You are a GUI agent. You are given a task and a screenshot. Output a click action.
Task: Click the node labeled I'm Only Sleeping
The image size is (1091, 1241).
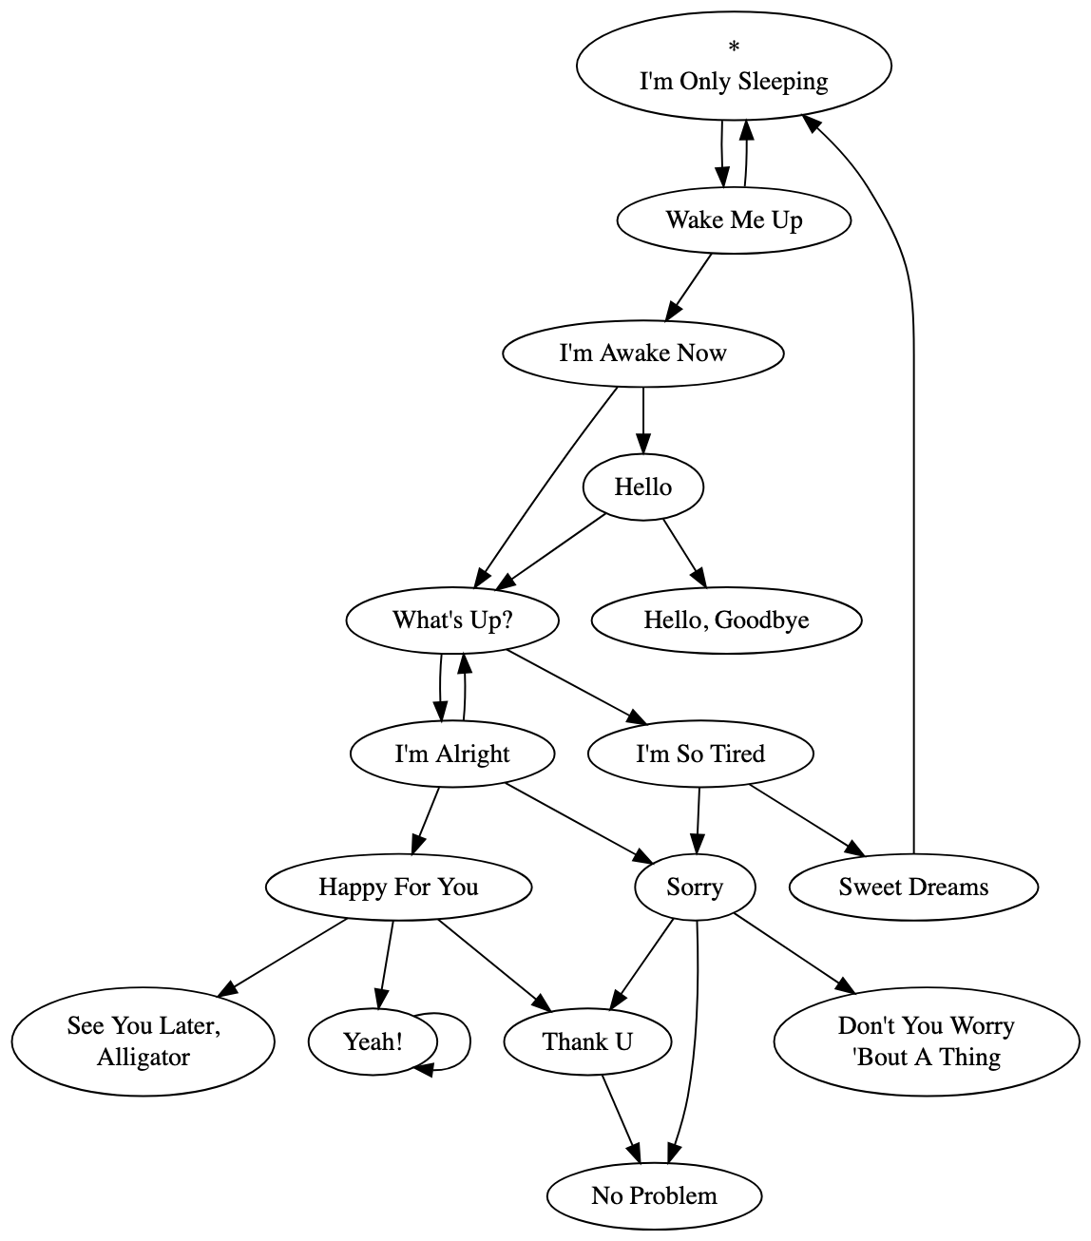point(734,81)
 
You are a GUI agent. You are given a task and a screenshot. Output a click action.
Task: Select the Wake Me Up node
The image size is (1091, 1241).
point(734,220)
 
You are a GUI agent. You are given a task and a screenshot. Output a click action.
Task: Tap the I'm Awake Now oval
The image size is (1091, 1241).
point(642,353)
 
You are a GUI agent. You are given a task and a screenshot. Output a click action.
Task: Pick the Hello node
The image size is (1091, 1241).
point(642,487)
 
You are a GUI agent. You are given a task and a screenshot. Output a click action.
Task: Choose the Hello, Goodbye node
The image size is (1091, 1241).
point(726,620)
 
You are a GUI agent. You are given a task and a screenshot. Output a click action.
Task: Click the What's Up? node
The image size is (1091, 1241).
point(452,620)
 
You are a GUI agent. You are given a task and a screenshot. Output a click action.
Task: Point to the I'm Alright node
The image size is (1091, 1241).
point(452,754)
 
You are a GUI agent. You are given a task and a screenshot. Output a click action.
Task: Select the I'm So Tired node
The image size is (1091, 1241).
point(700,754)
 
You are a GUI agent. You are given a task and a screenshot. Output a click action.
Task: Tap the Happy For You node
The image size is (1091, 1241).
point(398,888)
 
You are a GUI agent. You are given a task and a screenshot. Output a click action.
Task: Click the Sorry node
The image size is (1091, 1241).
point(695,888)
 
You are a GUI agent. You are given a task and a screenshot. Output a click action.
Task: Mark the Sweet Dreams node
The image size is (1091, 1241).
point(913,888)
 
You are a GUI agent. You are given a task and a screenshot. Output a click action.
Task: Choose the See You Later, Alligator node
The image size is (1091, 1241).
point(144,1041)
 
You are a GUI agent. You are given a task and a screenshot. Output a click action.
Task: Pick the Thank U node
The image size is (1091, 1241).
point(587,1042)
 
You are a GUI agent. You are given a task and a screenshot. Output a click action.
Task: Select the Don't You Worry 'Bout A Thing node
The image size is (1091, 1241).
point(927,1041)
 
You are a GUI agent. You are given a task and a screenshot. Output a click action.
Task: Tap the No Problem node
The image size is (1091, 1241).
point(654,1195)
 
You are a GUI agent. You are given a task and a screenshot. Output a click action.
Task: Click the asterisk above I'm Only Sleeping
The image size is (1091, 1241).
point(734,47)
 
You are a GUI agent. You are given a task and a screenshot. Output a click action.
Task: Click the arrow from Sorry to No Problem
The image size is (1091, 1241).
point(694,1045)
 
